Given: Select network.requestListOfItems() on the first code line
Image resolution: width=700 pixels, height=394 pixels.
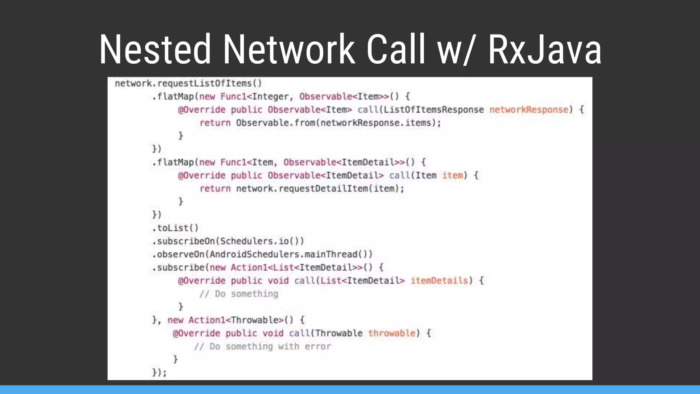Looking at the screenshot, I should (188, 83).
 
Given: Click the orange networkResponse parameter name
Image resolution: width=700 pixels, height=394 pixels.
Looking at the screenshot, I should (529, 110).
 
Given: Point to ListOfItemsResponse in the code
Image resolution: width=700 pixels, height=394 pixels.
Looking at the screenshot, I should (433, 110).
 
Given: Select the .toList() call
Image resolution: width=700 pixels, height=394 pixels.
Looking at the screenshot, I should (175, 228).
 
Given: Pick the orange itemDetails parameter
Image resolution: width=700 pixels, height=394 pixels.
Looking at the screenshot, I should (439, 281).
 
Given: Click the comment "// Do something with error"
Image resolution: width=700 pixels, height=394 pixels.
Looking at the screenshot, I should (262, 346).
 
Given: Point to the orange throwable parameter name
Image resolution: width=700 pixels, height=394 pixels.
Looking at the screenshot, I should (392, 333).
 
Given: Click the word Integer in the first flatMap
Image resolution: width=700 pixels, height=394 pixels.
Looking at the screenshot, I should (270, 97).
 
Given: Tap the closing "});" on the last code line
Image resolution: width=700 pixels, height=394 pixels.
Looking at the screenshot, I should (160, 372).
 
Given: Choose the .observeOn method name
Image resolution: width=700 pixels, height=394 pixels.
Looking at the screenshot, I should (179, 254).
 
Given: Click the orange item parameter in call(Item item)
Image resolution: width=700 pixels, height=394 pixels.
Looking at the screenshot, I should (453, 175).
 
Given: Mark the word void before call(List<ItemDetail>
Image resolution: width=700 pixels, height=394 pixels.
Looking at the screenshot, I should (278, 281).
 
